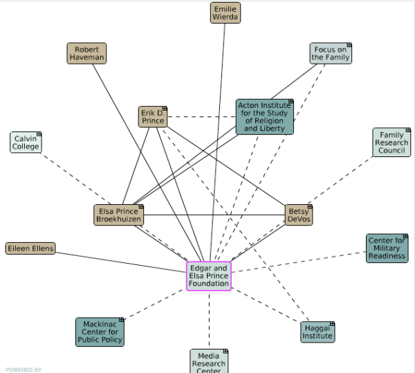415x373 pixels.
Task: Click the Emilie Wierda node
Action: (x=225, y=13)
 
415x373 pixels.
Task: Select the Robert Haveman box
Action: (x=86, y=53)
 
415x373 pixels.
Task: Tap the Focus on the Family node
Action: (x=331, y=53)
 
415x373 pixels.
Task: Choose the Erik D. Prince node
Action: (x=153, y=116)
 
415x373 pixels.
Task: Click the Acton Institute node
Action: (x=264, y=116)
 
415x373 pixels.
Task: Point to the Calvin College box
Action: (x=26, y=142)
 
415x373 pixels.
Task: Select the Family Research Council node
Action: (x=391, y=142)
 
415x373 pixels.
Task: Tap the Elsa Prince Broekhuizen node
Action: (x=118, y=215)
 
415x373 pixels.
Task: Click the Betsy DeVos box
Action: (x=299, y=215)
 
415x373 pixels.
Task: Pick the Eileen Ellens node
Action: (x=30, y=248)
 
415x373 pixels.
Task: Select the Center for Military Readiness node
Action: (x=387, y=248)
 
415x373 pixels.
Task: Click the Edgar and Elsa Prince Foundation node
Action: (x=208, y=275)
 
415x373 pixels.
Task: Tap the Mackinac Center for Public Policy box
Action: (x=100, y=331)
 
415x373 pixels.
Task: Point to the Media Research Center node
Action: (x=208, y=361)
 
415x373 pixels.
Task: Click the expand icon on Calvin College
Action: (x=39, y=134)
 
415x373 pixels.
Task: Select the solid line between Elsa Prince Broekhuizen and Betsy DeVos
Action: (x=214, y=215)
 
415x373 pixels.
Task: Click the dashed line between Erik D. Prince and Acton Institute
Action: (x=201, y=116)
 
